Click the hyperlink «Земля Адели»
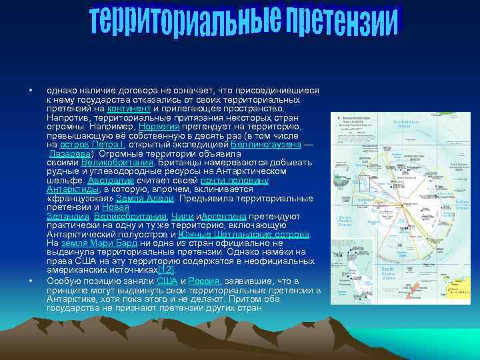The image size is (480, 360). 145,199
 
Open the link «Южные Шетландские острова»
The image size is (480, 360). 244,235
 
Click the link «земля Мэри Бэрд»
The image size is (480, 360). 91,244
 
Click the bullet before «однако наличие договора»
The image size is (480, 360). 31,91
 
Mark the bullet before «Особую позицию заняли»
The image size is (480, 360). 31,281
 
